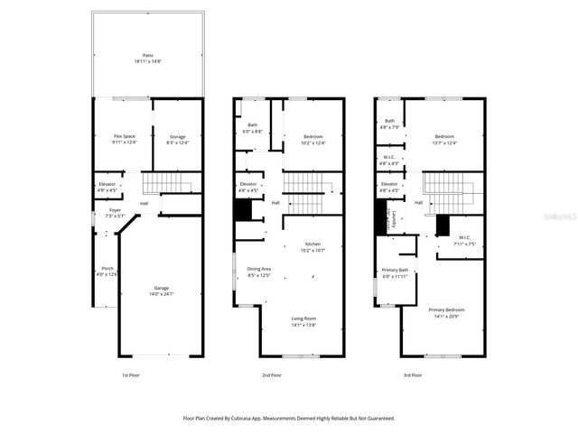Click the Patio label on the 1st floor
[148, 55]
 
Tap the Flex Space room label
[124, 136]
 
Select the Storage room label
[176, 136]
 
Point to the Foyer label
[115, 210]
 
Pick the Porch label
[107, 269]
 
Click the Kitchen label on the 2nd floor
[312, 244]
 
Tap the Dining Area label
[260, 270]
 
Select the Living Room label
[303, 318]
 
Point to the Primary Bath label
[396, 271]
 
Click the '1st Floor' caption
[132, 374]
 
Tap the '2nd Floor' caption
[271, 374]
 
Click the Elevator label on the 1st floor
[107, 184]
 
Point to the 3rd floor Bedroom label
[445, 136]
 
